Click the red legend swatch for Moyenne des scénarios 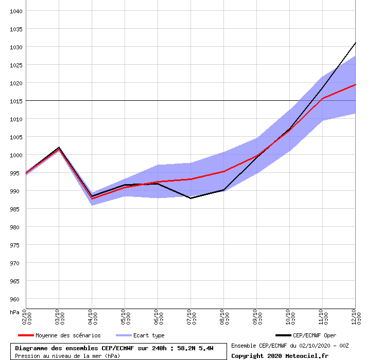point(25,335)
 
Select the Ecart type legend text point(149,335)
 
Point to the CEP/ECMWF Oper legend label point(315,335)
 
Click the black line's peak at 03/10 point(59,148)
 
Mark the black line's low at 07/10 point(190,198)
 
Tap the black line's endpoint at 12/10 point(355,43)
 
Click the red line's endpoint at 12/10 point(355,84)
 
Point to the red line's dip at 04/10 point(92,199)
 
